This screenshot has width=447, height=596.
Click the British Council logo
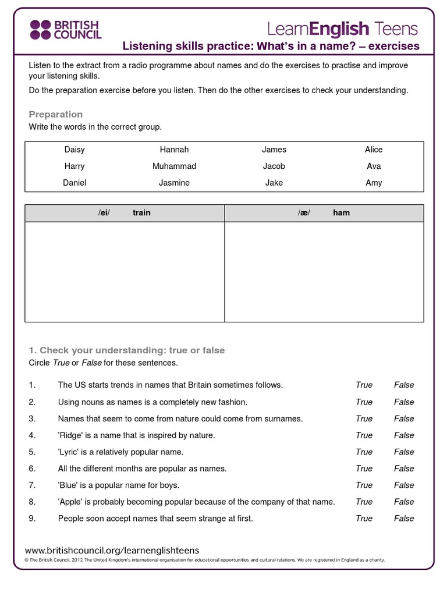click(x=65, y=29)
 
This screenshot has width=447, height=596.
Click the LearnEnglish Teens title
click(x=342, y=28)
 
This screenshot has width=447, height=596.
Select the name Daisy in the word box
click(x=74, y=150)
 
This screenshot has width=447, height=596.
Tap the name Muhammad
click(x=174, y=166)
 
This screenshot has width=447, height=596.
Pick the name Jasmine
click(x=174, y=183)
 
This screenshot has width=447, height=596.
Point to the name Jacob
click(x=274, y=166)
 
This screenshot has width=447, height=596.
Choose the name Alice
click(x=374, y=150)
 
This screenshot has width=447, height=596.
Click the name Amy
click(x=374, y=183)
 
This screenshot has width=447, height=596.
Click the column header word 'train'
click(x=141, y=213)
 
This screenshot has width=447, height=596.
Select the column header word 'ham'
click(x=341, y=213)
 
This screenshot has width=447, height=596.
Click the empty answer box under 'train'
click(x=125, y=271)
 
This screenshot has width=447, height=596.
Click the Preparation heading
click(x=56, y=114)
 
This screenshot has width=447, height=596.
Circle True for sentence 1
click(x=364, y=385)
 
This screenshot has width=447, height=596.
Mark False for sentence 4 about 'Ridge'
click(x=404, y=435)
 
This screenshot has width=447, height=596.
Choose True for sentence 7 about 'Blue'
click(x=364, y=485)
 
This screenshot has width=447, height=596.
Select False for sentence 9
click(x=404, y=518)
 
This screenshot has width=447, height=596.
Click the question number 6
click(x=32, y=469)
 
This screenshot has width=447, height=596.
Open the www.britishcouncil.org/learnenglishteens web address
click(x=112, y=550)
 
